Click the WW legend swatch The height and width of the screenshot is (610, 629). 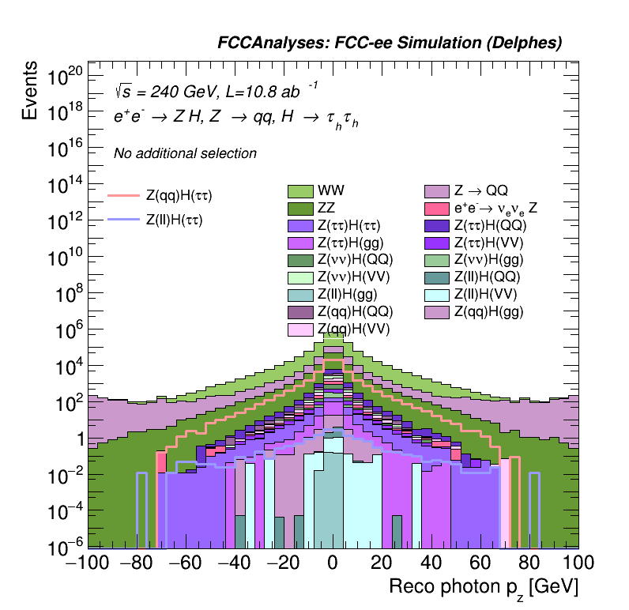tap(300, 191)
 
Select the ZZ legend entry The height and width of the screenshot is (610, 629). tap(300, 209)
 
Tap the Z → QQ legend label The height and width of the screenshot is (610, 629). tap(480, 191)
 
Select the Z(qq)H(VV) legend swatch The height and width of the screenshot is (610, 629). tap(300, 329)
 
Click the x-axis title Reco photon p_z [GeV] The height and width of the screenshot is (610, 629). tap(484, 587)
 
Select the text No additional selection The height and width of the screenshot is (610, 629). tap(185, 153)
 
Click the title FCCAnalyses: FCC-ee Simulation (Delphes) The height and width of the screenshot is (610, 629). tap(390, 43)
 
